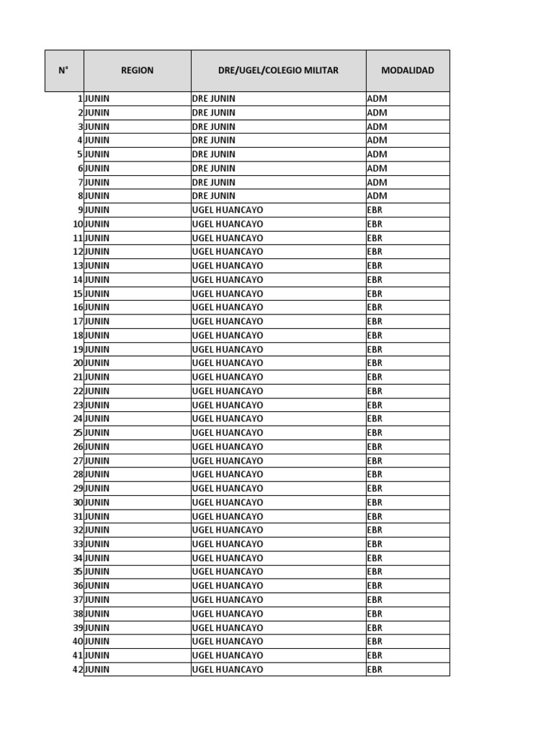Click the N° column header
tap(64, 70)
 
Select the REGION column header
tap(137, 70)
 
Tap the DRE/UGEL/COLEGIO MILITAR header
tap(278, 70)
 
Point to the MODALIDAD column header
tap(408, 70)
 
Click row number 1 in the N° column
tap(80, 98)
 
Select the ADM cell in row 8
tap(377, 196)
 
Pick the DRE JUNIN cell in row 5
tap(214, 154)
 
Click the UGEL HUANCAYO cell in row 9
tap(227, 210)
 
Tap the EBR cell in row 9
tap(375, 210)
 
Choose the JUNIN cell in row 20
tap(98, 363)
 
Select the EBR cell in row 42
tap(375, 670)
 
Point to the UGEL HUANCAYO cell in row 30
tap(227, 502)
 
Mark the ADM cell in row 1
tap(377, 98)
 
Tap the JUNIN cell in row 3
tap(98, 126)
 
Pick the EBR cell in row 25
tap(375, 433)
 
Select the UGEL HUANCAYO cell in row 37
tap(227, 600)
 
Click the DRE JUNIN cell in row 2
tap(214, 113)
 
